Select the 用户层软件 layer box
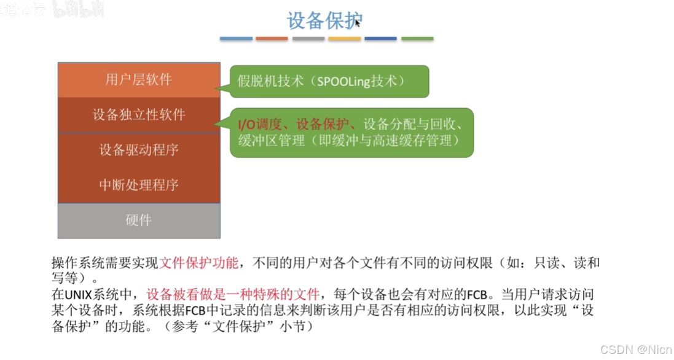coord(139,79)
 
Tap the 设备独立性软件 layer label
coord(139,115)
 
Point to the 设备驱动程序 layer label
coord(139,150)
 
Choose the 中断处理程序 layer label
coord(139,185)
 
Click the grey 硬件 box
coord(139,221)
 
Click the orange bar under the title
coord(272,39)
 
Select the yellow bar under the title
coord(344,39)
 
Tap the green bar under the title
coord(417,39)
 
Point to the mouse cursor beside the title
coord(358,23)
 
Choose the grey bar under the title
coord(308,39)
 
